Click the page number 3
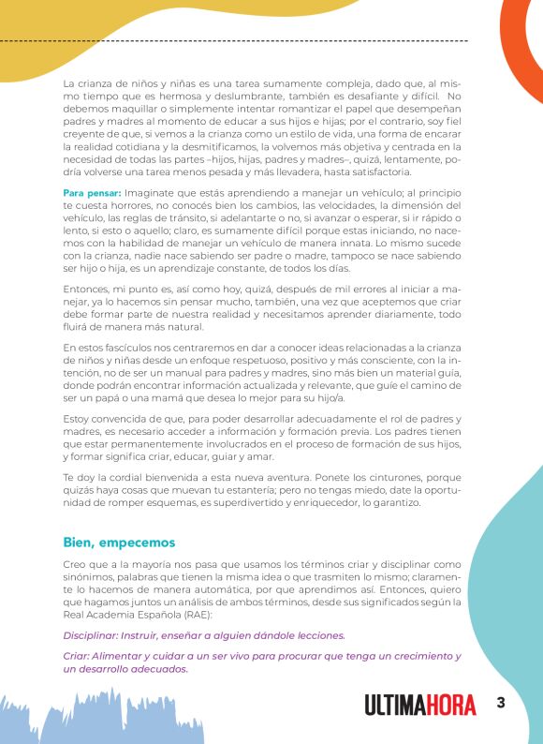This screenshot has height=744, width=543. [501, 704]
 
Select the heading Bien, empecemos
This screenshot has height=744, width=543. [119, 543]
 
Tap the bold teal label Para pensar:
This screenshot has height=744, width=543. [92, 193]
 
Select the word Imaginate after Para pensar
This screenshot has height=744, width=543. [154, 193]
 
